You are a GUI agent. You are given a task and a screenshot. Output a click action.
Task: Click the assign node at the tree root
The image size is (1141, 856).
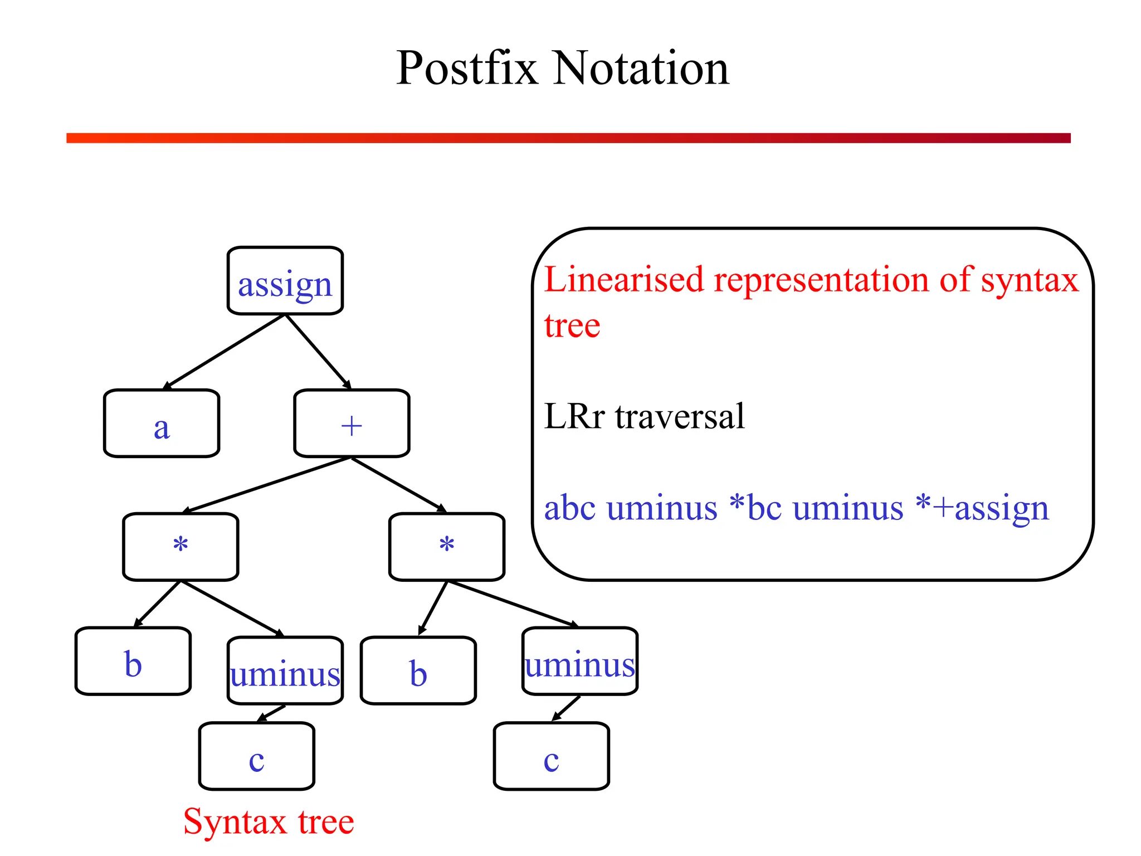point(285,281)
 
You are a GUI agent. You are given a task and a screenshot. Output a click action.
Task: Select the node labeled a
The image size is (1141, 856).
point(162,424)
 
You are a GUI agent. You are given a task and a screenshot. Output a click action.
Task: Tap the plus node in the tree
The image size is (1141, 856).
point(352,424)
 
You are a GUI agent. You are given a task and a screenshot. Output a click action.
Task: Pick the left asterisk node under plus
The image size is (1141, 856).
point(181,547)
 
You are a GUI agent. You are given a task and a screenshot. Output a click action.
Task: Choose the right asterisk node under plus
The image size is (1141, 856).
point(447,547)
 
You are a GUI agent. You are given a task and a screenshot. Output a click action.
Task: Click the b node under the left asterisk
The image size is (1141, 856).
point(133,661)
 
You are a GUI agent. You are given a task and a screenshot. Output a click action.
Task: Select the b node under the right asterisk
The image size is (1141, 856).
point(418,670)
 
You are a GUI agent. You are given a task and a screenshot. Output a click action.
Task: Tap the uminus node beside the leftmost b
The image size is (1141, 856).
point(285,671)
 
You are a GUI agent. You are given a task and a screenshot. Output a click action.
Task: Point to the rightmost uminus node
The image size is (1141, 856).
point(580,662)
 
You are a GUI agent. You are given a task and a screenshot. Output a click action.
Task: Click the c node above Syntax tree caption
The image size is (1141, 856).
point(257,756)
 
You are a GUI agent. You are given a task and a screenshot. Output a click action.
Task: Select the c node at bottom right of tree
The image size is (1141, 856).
point(552,756)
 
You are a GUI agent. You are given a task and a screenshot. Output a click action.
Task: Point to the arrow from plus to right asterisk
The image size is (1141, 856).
point(399,484)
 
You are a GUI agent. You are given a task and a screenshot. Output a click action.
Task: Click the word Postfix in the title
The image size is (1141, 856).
point(467,68)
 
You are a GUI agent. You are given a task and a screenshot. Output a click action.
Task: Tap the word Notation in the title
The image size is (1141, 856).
point(641,68)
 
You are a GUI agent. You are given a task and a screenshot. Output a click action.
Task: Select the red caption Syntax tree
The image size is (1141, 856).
point(269,821)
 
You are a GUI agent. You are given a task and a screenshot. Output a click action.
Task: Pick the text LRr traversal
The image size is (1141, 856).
point(644,416)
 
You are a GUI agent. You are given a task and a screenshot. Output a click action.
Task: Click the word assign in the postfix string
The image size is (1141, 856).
point(1001,508)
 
